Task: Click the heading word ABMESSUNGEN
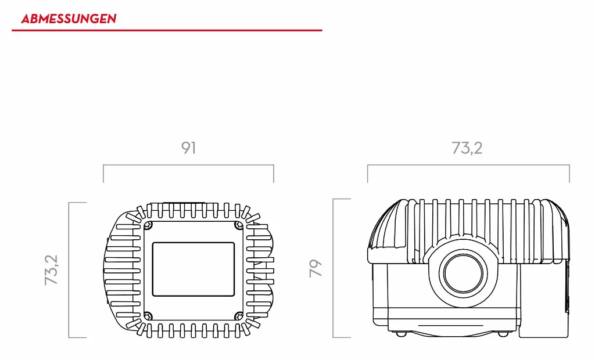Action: pos(69,19)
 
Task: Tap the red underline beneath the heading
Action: pos(167,30)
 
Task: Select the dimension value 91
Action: pos(188,148)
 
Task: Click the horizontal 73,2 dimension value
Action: pos(467,148)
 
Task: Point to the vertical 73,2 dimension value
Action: pos(52,270)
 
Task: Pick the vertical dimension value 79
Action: pos(316,268)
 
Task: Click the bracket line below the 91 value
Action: pos(188,165)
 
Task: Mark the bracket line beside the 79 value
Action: pos(334,268)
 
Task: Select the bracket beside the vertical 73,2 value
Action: pos(69,270)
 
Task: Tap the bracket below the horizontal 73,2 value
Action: pos(468,165)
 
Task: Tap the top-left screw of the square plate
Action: pos(149,225)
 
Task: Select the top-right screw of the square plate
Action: pos(238,225)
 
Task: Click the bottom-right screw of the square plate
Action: pos(238,316)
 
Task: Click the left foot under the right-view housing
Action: pos(400,334)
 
